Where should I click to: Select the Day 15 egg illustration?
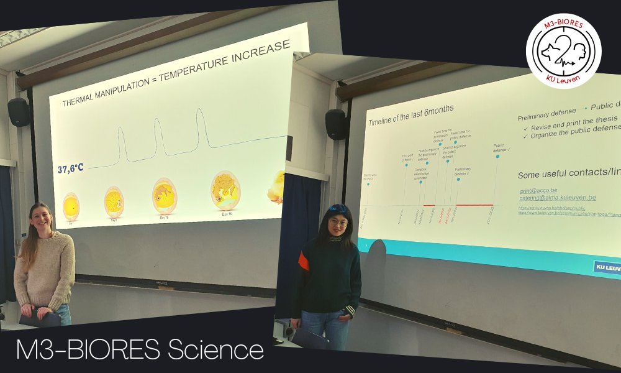click(x=165, y=196)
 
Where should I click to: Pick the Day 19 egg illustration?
click(x=225, y=190)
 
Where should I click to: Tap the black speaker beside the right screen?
click(x=336, y=124)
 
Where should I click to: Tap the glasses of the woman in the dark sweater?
click(x=338, y=222)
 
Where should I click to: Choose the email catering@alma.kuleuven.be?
click(x=558, y=197)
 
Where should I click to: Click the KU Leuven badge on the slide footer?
click(x=607, y=267)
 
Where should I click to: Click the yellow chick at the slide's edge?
click(x=276, y=186)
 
